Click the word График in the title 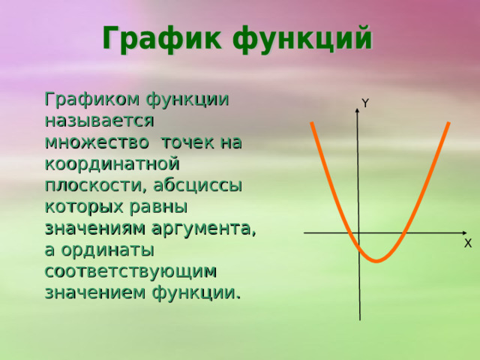pyautogui.click(x=160, y=39)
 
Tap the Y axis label pyautogui.click(x=364, y=103)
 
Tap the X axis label pyautogui.click(x=467, y=244)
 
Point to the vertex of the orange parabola pyautogui.click(x=377, y=261)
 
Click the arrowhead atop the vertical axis pyautogui.click(x=358, y=114)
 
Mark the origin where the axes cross pyautogui.click(x=358, y=233)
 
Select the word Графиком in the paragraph pyautogui.click(x=92, y=100)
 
